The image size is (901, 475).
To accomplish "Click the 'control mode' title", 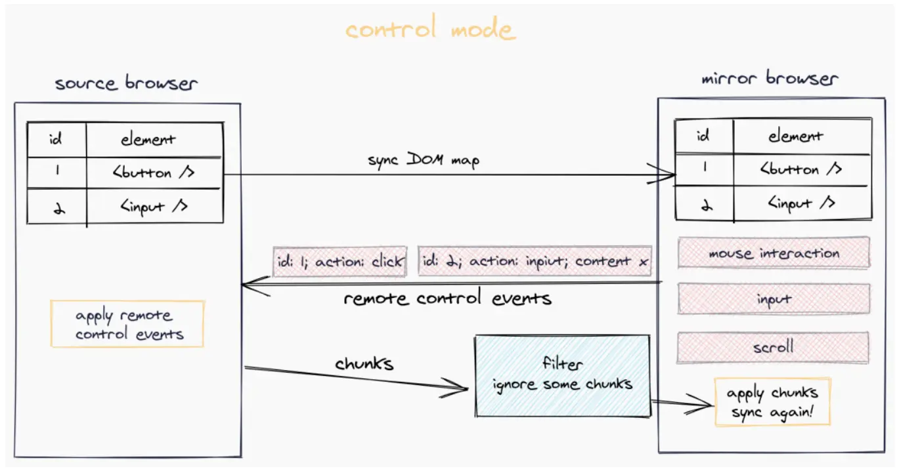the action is (430, 28).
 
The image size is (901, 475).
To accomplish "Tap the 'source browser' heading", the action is (126, 83).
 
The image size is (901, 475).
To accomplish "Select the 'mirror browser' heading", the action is (770, 78).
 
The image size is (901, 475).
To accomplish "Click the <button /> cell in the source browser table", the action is (154, 173).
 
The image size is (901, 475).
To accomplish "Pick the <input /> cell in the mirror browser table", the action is (802, 203).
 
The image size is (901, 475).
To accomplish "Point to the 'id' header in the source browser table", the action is (56, 139).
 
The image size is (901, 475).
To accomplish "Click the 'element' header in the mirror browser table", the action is (796, 136).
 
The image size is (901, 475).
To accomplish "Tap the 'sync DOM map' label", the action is (424, 160).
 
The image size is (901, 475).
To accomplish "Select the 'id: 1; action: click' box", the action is (340, 262).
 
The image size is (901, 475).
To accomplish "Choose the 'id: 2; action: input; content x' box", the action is (535, 261).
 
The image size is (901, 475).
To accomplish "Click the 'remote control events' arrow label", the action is (447, 298).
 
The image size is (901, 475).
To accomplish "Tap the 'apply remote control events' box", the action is (127, 323).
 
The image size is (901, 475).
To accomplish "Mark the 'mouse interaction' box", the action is (774, 253).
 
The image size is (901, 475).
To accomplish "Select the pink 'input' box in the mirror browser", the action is (774, 299).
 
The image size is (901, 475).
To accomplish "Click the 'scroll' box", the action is (773, 347).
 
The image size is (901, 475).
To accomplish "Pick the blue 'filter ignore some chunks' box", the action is (563, 376).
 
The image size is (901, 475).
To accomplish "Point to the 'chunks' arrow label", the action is (364, 363).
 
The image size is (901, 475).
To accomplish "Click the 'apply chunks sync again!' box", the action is (773, 402).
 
